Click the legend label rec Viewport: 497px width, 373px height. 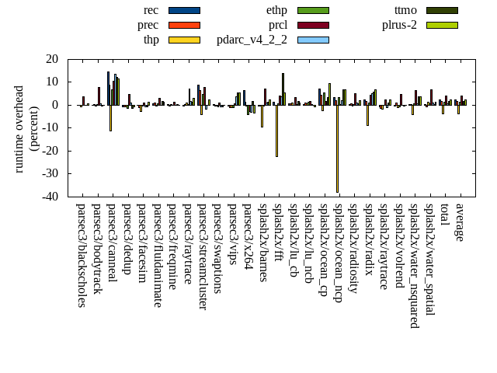coord(151,10)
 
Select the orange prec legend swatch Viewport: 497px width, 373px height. coord(184,25)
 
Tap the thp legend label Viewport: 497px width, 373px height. coord(151,40)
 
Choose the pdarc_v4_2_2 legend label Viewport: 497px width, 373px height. coord(252,40)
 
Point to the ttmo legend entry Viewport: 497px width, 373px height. coord(405,10)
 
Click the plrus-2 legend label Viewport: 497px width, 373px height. coord(399,25)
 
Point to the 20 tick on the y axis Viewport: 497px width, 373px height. coord(52,59)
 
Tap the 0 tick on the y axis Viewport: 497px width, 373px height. coord(55,105)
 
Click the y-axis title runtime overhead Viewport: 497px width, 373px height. coord(20,128)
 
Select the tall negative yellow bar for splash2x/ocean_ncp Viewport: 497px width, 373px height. coord(337,148)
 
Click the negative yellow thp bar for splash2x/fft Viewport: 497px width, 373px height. coord(276,131)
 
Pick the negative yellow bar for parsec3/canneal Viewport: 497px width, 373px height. coord(110,117)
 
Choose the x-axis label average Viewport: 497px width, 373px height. coord(460,222)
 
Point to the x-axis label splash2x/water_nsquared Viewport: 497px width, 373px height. coord(414,265)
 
